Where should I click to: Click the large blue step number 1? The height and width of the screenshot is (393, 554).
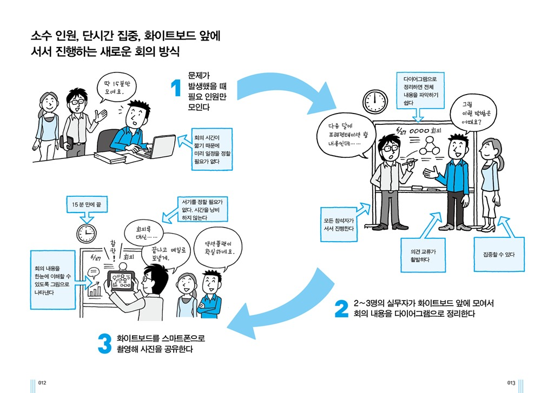click(175, 89)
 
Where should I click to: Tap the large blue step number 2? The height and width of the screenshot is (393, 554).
click(341, 309)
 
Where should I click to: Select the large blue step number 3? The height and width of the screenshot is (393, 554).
click(104, 345)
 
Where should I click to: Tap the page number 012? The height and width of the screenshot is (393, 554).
click(42, 383)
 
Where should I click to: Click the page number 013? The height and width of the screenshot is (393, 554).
click(511, 383)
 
